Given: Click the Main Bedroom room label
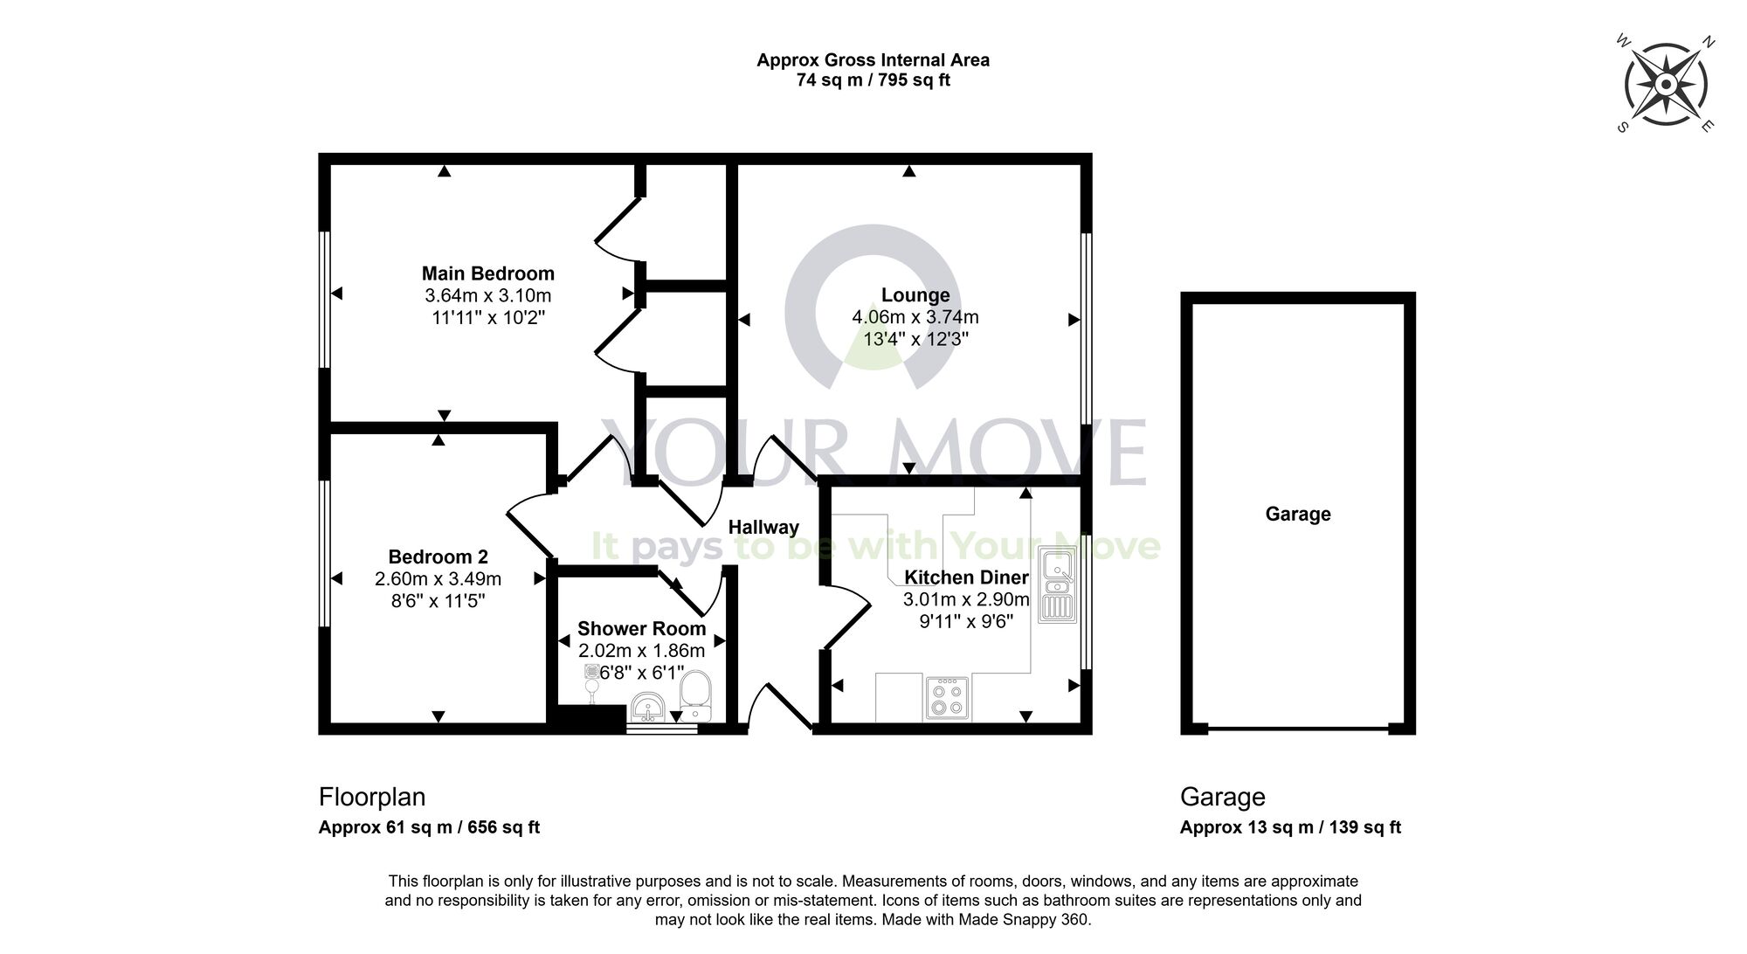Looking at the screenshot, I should point(488,273).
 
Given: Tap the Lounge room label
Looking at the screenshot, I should point(915,295).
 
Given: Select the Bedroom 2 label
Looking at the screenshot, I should point(438,556).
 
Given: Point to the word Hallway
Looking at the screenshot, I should point(763,528).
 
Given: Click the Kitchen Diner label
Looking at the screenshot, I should point(966,577).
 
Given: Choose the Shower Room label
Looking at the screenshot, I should point(641,629).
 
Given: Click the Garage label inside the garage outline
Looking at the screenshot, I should point(1298,515).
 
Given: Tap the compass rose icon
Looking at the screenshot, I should point(1665,85).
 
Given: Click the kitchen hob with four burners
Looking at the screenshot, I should point(946,698).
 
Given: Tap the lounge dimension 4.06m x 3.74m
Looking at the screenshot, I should point(915,317).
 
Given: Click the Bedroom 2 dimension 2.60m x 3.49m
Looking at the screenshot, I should point(438,578).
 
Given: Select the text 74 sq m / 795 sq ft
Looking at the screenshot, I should point(873,80).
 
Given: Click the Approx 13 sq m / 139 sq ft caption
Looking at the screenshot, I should point(1290,827).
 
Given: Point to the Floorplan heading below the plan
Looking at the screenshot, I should point(372,797).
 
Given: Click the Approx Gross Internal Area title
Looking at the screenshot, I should point(873,60).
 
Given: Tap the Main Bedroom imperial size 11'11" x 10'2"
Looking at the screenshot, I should point(488,317).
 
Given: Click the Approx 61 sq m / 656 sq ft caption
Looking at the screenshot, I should point(429,827).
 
